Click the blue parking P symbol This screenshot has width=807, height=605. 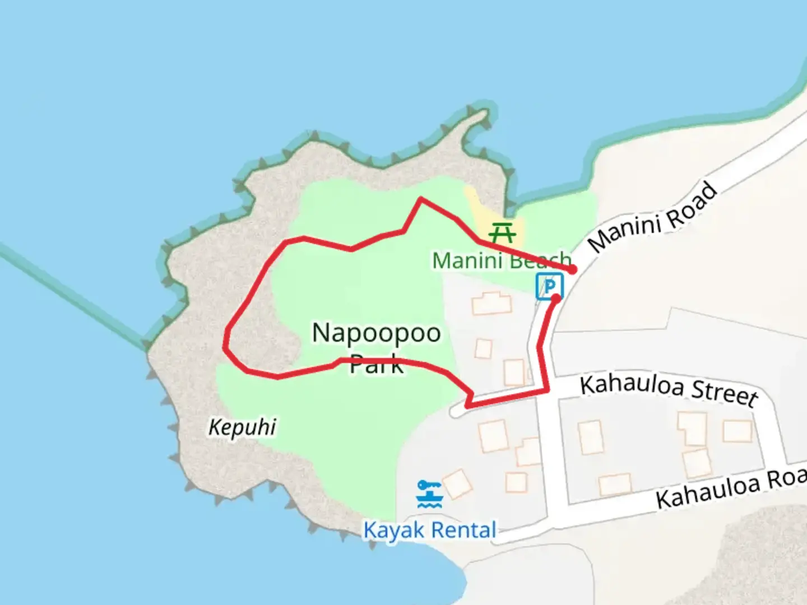pos(549,286)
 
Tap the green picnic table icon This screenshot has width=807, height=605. pos(502,231)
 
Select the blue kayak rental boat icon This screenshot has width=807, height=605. pos(430,494)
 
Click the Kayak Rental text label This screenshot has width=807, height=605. pos(430,530)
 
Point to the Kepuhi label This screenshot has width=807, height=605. pos(242,427)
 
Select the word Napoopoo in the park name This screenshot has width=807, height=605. pos(376,333)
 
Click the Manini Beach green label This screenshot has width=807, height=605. pos(501,260)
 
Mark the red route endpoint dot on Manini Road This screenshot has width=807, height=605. pos(572,270)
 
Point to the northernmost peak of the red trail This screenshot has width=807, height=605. pos(421,199)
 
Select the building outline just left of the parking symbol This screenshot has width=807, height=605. pos(491,303)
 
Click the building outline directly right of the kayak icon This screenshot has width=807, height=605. pos(457,484)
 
